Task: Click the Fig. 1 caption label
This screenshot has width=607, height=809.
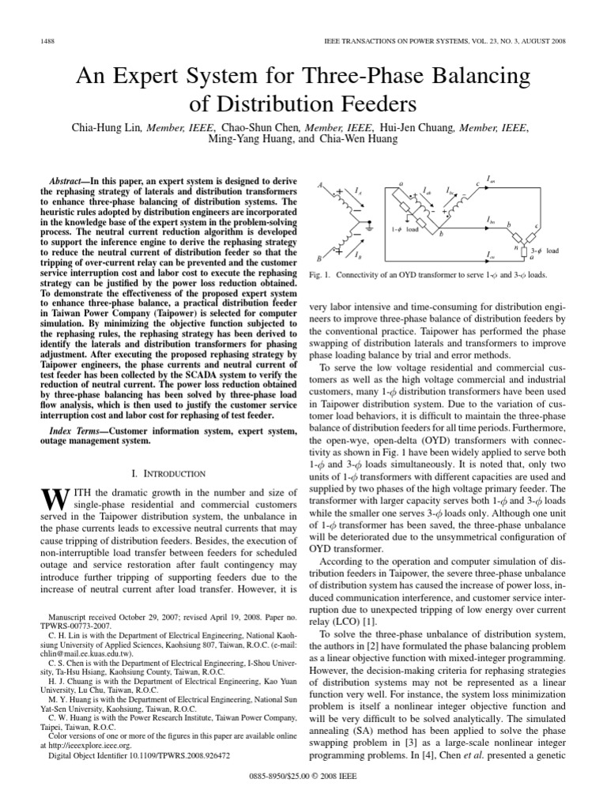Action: pos(322,275)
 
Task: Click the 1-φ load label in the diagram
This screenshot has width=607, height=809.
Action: pos(404,230)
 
